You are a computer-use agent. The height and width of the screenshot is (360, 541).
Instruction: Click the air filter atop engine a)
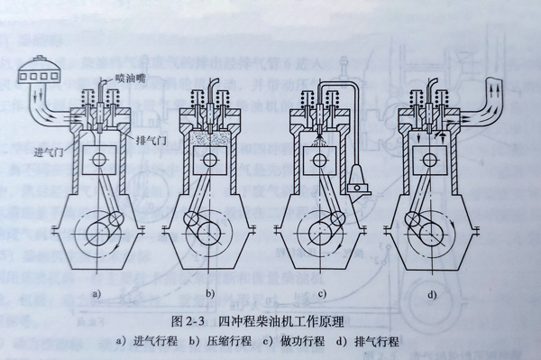click(x=37, y=69)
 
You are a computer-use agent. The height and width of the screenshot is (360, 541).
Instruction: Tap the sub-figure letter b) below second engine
click(x=210, y=293)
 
